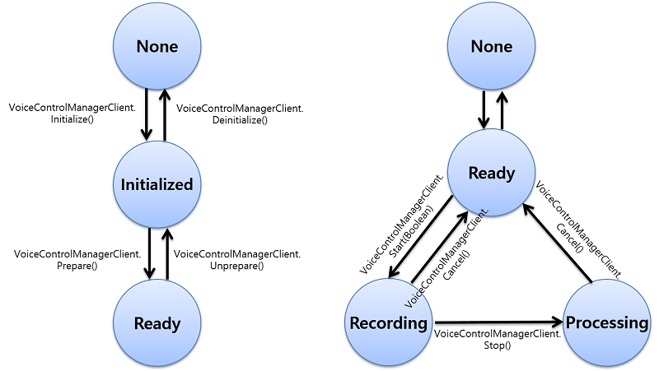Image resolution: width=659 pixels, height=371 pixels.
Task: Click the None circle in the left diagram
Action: point(156,47)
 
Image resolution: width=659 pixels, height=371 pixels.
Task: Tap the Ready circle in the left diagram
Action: point(156,322)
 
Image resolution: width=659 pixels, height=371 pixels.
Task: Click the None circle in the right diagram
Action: point(491,47)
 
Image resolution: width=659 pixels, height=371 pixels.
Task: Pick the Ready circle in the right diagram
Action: point(491,173)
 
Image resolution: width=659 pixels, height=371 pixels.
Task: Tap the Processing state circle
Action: point(606,322)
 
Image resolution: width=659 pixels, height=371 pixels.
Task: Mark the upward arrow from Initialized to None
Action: point(165,114)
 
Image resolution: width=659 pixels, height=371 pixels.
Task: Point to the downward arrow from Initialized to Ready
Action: point(148,255)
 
